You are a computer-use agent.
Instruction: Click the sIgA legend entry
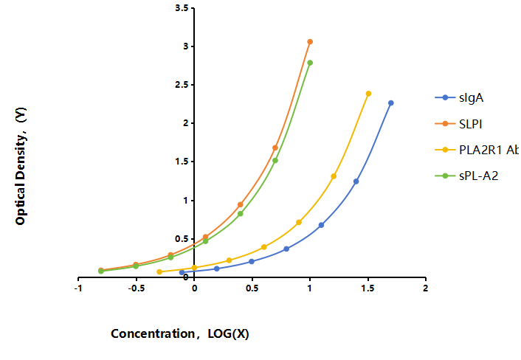[459, 97]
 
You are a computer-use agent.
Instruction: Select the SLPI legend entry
[458, 124]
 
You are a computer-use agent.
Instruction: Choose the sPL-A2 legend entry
[466, 176]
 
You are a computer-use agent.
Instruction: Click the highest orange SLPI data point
[310, 42]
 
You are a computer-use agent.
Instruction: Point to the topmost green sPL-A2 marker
[310, 63]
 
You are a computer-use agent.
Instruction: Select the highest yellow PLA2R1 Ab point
[368, 94]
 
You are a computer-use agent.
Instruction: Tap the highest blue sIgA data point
[391, 103]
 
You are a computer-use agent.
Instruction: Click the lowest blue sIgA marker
[182, 273]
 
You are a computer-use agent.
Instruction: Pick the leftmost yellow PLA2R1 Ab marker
[159, 272]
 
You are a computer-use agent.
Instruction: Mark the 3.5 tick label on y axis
[182, 7]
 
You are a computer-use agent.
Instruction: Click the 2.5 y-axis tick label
[182, 85]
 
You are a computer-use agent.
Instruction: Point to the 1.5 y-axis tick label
[182, 162]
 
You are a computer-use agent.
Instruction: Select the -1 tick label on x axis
[78, 288]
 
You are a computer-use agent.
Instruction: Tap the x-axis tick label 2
[426, 288]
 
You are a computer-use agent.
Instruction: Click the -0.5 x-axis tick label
[136, 288]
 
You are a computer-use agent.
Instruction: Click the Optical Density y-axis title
[21, 166]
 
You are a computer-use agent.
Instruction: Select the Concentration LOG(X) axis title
[180, 333]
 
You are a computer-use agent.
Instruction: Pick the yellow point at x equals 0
[194, 268]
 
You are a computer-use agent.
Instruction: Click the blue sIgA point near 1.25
[356, 181]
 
